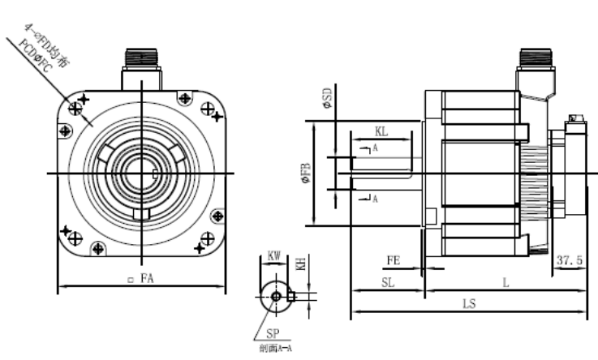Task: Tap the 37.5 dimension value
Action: point(571,260)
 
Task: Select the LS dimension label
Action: point(468,304)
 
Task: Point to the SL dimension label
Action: point(389,282)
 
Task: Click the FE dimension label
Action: point(394,260)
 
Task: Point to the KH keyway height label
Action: point(301,264)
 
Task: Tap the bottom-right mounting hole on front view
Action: point(217,216)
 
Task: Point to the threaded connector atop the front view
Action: point(143,59)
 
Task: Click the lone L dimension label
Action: point(505,282)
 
